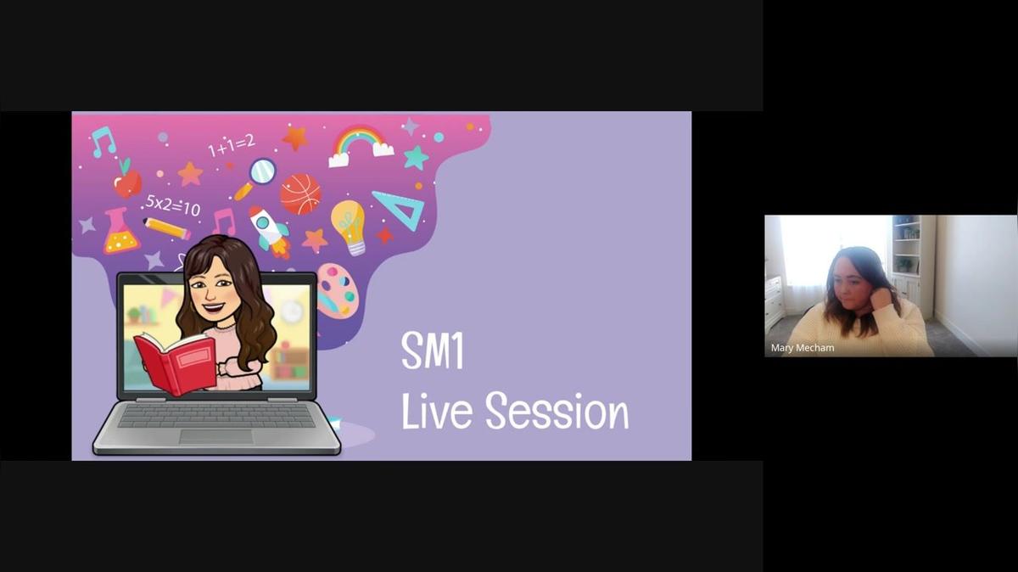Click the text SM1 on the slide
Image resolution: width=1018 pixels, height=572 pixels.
(x=432, y=350)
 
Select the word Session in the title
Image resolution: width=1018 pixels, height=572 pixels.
(x=557, y=411)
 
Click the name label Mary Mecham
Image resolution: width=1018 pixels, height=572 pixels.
(x=803, y=348)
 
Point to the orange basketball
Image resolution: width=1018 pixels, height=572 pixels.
(x=300, y=194)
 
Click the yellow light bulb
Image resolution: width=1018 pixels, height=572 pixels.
(x=349, y=227)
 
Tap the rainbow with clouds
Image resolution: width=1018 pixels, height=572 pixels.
(x=361, y=145)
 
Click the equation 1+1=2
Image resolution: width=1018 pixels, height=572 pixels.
(x=232, y=145)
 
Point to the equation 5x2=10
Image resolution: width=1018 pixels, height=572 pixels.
(x=173, y=205)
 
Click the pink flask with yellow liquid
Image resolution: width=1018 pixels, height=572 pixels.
(x=120, y=232)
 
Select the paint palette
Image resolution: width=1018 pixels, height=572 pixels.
(x=338, y=290)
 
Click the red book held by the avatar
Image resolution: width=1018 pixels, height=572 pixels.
(x=176, y=363)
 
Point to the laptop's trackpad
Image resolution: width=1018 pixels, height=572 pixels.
(x=216, y=436)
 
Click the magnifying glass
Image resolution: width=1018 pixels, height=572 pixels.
(x=257, y=177)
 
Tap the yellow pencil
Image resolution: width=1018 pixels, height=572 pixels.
(x=166, y=228)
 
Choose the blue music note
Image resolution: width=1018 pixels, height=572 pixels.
(x=103, y=142)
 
